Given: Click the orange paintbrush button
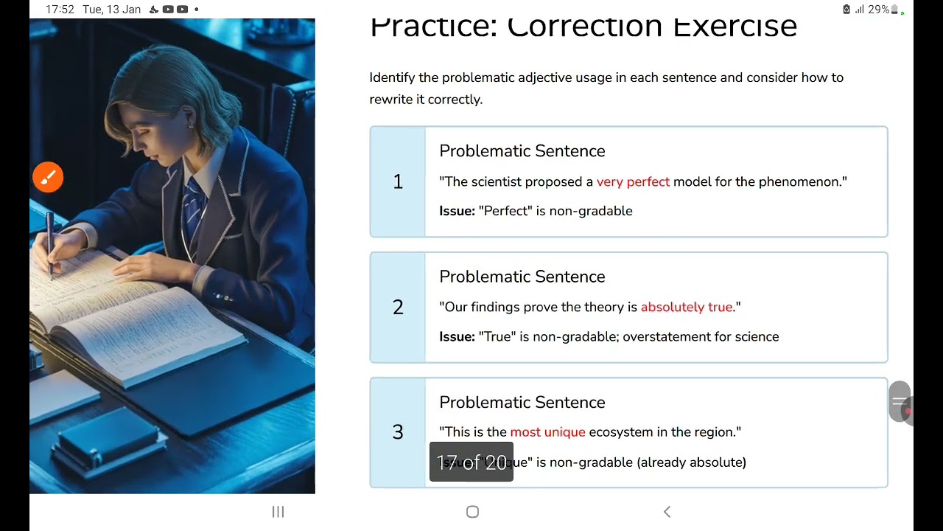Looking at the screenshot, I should [48, 178].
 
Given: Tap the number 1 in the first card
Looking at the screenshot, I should [398, 182].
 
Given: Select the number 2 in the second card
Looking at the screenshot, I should [398, 308].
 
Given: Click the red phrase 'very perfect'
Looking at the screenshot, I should [633, 181].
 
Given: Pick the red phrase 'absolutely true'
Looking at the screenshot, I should [687, 307].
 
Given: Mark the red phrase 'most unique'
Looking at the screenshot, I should [547, 432].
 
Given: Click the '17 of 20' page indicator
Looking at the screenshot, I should [471, 462].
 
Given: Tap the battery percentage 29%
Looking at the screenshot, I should [877, 10].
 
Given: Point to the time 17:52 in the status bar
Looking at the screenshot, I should [60, 10].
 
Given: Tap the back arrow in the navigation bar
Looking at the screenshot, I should [667, 512].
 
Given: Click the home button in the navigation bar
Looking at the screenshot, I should [472, 512].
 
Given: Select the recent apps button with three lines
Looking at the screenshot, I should [278, 512].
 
